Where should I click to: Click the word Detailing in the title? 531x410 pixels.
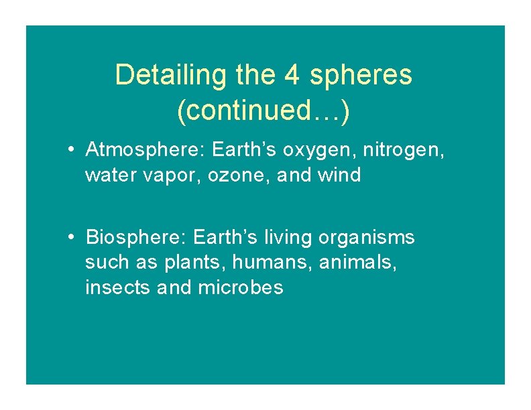pos(172,76)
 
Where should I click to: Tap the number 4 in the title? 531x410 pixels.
pos(292,76)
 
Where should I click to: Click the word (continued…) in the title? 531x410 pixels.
pos(263,111)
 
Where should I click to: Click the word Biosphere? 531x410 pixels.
pos(137,238)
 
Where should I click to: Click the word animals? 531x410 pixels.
pos(357,263)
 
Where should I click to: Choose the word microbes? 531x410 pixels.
pos(241,288)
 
